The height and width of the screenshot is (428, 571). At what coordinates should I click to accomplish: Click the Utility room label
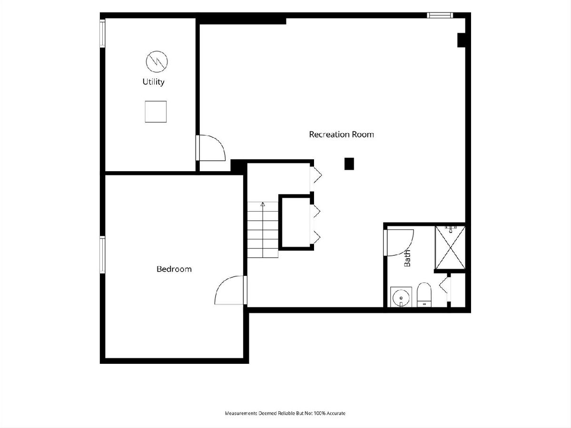(154, 82)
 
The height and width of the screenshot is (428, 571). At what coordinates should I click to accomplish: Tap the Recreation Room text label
(341, 135)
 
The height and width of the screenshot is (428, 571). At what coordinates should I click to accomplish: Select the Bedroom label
(174, 269)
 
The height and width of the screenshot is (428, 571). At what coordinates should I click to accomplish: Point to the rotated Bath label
(407, 258)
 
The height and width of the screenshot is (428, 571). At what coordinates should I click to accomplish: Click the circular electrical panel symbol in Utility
(157, 62)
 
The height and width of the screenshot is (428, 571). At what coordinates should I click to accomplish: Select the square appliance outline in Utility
(156, 111)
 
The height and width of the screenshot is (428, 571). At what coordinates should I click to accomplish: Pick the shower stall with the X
(450, 247)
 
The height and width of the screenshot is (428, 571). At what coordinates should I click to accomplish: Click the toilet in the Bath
(424, 295)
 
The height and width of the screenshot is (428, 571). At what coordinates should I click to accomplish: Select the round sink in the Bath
(401, 297)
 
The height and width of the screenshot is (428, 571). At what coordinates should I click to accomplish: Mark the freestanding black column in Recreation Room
(349, 164)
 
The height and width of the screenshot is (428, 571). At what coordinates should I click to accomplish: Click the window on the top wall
(440, 15)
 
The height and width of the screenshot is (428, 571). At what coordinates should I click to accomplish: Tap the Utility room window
(102, 33)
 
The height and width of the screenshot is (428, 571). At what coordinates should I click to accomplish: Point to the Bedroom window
(102, 255)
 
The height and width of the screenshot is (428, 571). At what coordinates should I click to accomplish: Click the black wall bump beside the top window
(462, 40)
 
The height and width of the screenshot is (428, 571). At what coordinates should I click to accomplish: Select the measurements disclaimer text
(285, 413)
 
